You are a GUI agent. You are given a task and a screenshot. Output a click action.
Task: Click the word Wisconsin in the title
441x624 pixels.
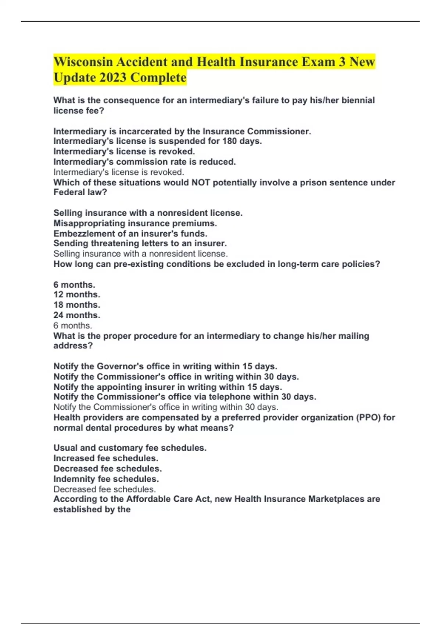[83, 62]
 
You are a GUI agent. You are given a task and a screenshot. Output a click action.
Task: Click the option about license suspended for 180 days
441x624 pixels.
[158, 141]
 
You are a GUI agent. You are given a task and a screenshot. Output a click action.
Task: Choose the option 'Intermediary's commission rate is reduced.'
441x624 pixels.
[144, 162]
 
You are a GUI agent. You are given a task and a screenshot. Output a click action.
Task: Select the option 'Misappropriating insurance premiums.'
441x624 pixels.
[135, 223]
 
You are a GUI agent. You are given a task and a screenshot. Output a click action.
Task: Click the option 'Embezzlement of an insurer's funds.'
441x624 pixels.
[130, 233]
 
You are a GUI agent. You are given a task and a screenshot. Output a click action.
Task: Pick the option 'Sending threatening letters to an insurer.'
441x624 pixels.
[140, 243]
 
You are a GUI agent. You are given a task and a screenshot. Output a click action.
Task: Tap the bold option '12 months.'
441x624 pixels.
[77, 294]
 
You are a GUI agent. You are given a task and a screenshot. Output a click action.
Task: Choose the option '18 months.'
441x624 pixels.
[77, 305]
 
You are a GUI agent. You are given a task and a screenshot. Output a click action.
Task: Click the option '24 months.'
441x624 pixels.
[77, 315]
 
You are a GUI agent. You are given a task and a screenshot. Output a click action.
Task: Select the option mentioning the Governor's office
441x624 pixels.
[165, 366]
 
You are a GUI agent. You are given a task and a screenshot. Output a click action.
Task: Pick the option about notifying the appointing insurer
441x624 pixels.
[168, 387]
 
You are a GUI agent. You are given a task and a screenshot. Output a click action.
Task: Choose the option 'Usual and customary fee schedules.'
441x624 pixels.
[130, 448]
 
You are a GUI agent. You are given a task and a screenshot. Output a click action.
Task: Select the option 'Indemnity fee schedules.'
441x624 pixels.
[106, 479]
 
